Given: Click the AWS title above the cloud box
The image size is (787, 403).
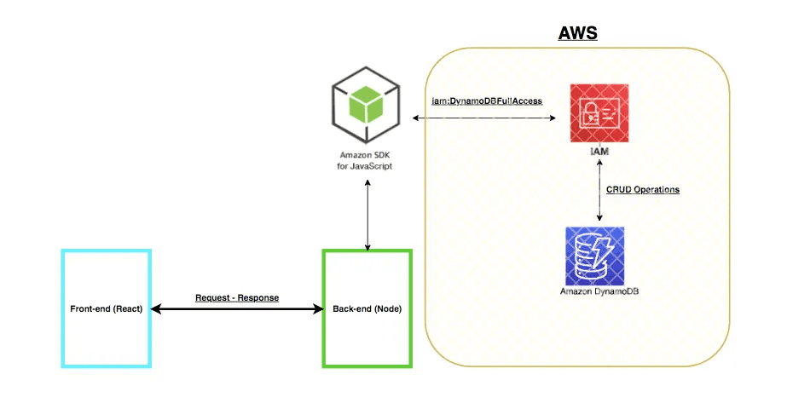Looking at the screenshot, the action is (x=578, y=33).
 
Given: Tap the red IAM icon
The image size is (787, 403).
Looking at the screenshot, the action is (x=599, y=113).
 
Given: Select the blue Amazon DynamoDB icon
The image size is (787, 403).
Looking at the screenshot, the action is (x=595, y=256).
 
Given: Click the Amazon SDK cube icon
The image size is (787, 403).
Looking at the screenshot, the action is (x=366, y=105).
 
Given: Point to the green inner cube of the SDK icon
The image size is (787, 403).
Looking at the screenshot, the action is (x=367, y=104).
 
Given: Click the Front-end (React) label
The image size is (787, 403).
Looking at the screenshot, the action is (x=107, y=308).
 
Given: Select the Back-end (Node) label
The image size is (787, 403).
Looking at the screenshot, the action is (x=367, y=308).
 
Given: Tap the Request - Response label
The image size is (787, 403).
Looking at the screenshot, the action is (x=237, y=297).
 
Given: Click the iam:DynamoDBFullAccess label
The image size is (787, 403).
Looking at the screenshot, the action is (x=487, y=101).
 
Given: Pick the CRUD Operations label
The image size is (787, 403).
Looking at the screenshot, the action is (x=643, y=189).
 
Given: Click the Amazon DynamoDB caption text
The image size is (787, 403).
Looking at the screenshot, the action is (x=599, y=291).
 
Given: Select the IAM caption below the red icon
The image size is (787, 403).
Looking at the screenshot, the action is (x=599, y=151).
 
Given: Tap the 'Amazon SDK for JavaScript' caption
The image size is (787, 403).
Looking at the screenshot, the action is (x=365, y=160).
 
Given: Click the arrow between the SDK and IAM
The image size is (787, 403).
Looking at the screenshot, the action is (x=484, y=118).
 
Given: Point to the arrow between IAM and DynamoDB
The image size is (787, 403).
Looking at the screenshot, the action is (x=599, y=189).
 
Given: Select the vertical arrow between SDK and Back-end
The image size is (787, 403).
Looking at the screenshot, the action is (x=367, y=216).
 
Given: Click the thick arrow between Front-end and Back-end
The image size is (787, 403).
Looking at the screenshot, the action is (x=237, y=309).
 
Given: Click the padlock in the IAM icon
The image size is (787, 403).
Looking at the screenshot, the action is (x=589, y=113).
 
